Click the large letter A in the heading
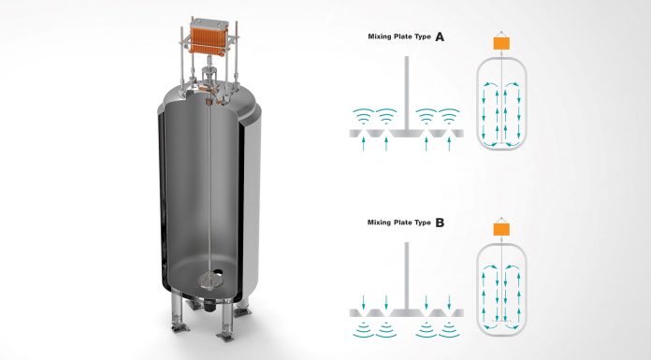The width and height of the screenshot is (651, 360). point(440,37)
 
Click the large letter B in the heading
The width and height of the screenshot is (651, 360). point(440,223)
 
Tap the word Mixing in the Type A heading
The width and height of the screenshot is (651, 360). point(380,36)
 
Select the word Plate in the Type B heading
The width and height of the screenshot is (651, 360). point(403,223)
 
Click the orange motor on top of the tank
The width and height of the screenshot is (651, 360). point(209,36)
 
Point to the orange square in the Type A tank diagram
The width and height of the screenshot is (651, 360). point(501,44)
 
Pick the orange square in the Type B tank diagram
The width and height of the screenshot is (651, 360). point(501,230)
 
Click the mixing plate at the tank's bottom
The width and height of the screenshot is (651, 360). point(210,281)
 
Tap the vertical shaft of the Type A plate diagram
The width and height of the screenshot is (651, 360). point(407,93)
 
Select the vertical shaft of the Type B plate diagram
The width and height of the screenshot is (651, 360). point(407,276)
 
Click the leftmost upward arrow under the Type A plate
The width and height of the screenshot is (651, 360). point(363,144)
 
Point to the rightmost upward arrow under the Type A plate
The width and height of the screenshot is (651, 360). point(449,144)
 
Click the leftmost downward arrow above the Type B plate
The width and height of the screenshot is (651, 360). point(363,302)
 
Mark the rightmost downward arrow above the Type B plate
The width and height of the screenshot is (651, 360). point(449,302)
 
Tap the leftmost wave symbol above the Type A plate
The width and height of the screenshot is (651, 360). point(363,116)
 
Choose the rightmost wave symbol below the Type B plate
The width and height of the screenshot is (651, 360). point(449,329)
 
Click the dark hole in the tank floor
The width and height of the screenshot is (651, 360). point(218,273)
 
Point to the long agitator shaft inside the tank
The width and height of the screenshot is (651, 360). point(210,187)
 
